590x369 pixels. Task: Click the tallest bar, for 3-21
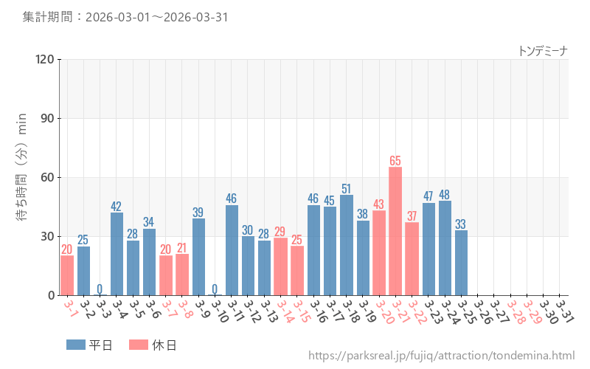(x=395, y=231)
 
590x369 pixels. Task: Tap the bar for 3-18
(x=347, y=245)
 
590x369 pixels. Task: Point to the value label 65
(x=395, y=160)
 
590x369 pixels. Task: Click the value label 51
(x=347, y=188)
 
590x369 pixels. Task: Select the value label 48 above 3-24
(x=445, y=194)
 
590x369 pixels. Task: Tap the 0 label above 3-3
(x=100, y=289)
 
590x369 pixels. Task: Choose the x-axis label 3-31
(x=564, y=310)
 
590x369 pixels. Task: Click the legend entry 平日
(x=88, y=345)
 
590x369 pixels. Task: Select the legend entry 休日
(x=152, y=345)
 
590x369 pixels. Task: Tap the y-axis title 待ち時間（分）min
(x=22, y=177)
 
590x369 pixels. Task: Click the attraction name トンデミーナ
(x=543, y=50)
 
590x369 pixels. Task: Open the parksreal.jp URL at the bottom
(x=441, y=356)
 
